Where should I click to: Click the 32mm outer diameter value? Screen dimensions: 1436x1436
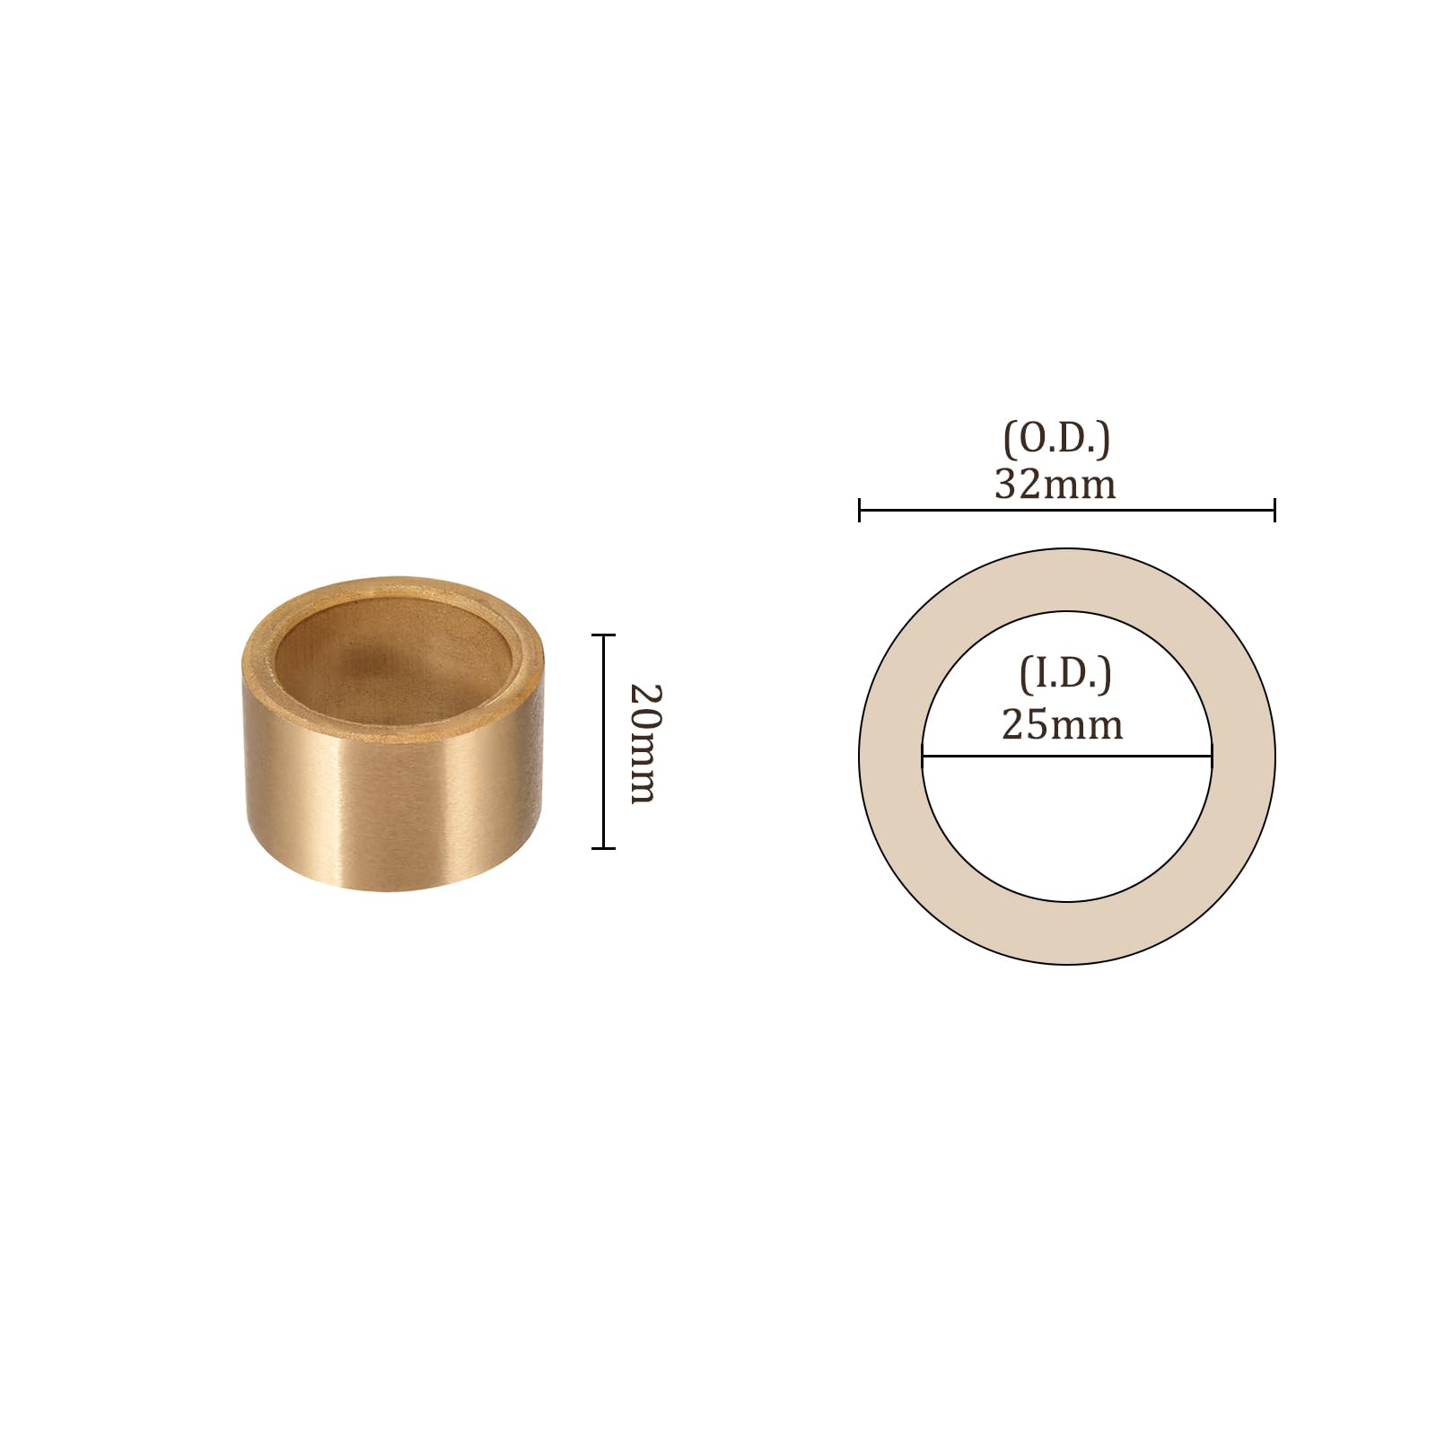click(x=1055, y=485)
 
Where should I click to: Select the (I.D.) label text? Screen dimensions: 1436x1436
click(x=1065, y=673)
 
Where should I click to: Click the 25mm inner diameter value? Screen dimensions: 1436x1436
click(x=1063, y=724)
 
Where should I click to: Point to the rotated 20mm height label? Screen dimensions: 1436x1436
click(x=644, y=743)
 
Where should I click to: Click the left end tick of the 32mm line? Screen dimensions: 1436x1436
click(x=860, y=511)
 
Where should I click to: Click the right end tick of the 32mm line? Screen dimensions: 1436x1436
click(x=1274, y=511)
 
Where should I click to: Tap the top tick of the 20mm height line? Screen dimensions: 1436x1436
click(x=603, y=635)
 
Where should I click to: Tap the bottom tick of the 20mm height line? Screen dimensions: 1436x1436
click(x=603, y=847)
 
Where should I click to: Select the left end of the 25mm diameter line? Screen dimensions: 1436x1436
click(x=923, y=757)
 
